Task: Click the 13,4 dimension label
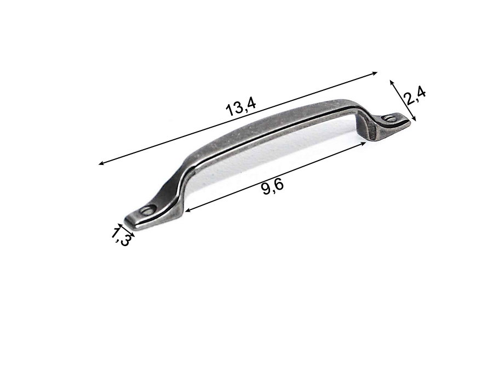241,107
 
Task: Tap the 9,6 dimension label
273,188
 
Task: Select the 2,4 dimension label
415,96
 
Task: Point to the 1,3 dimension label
121,237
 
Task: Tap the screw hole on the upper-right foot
391,118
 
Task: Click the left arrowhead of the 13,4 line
101,163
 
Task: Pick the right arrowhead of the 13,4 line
374,73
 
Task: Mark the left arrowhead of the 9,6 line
187,210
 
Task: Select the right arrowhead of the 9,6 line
363,144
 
